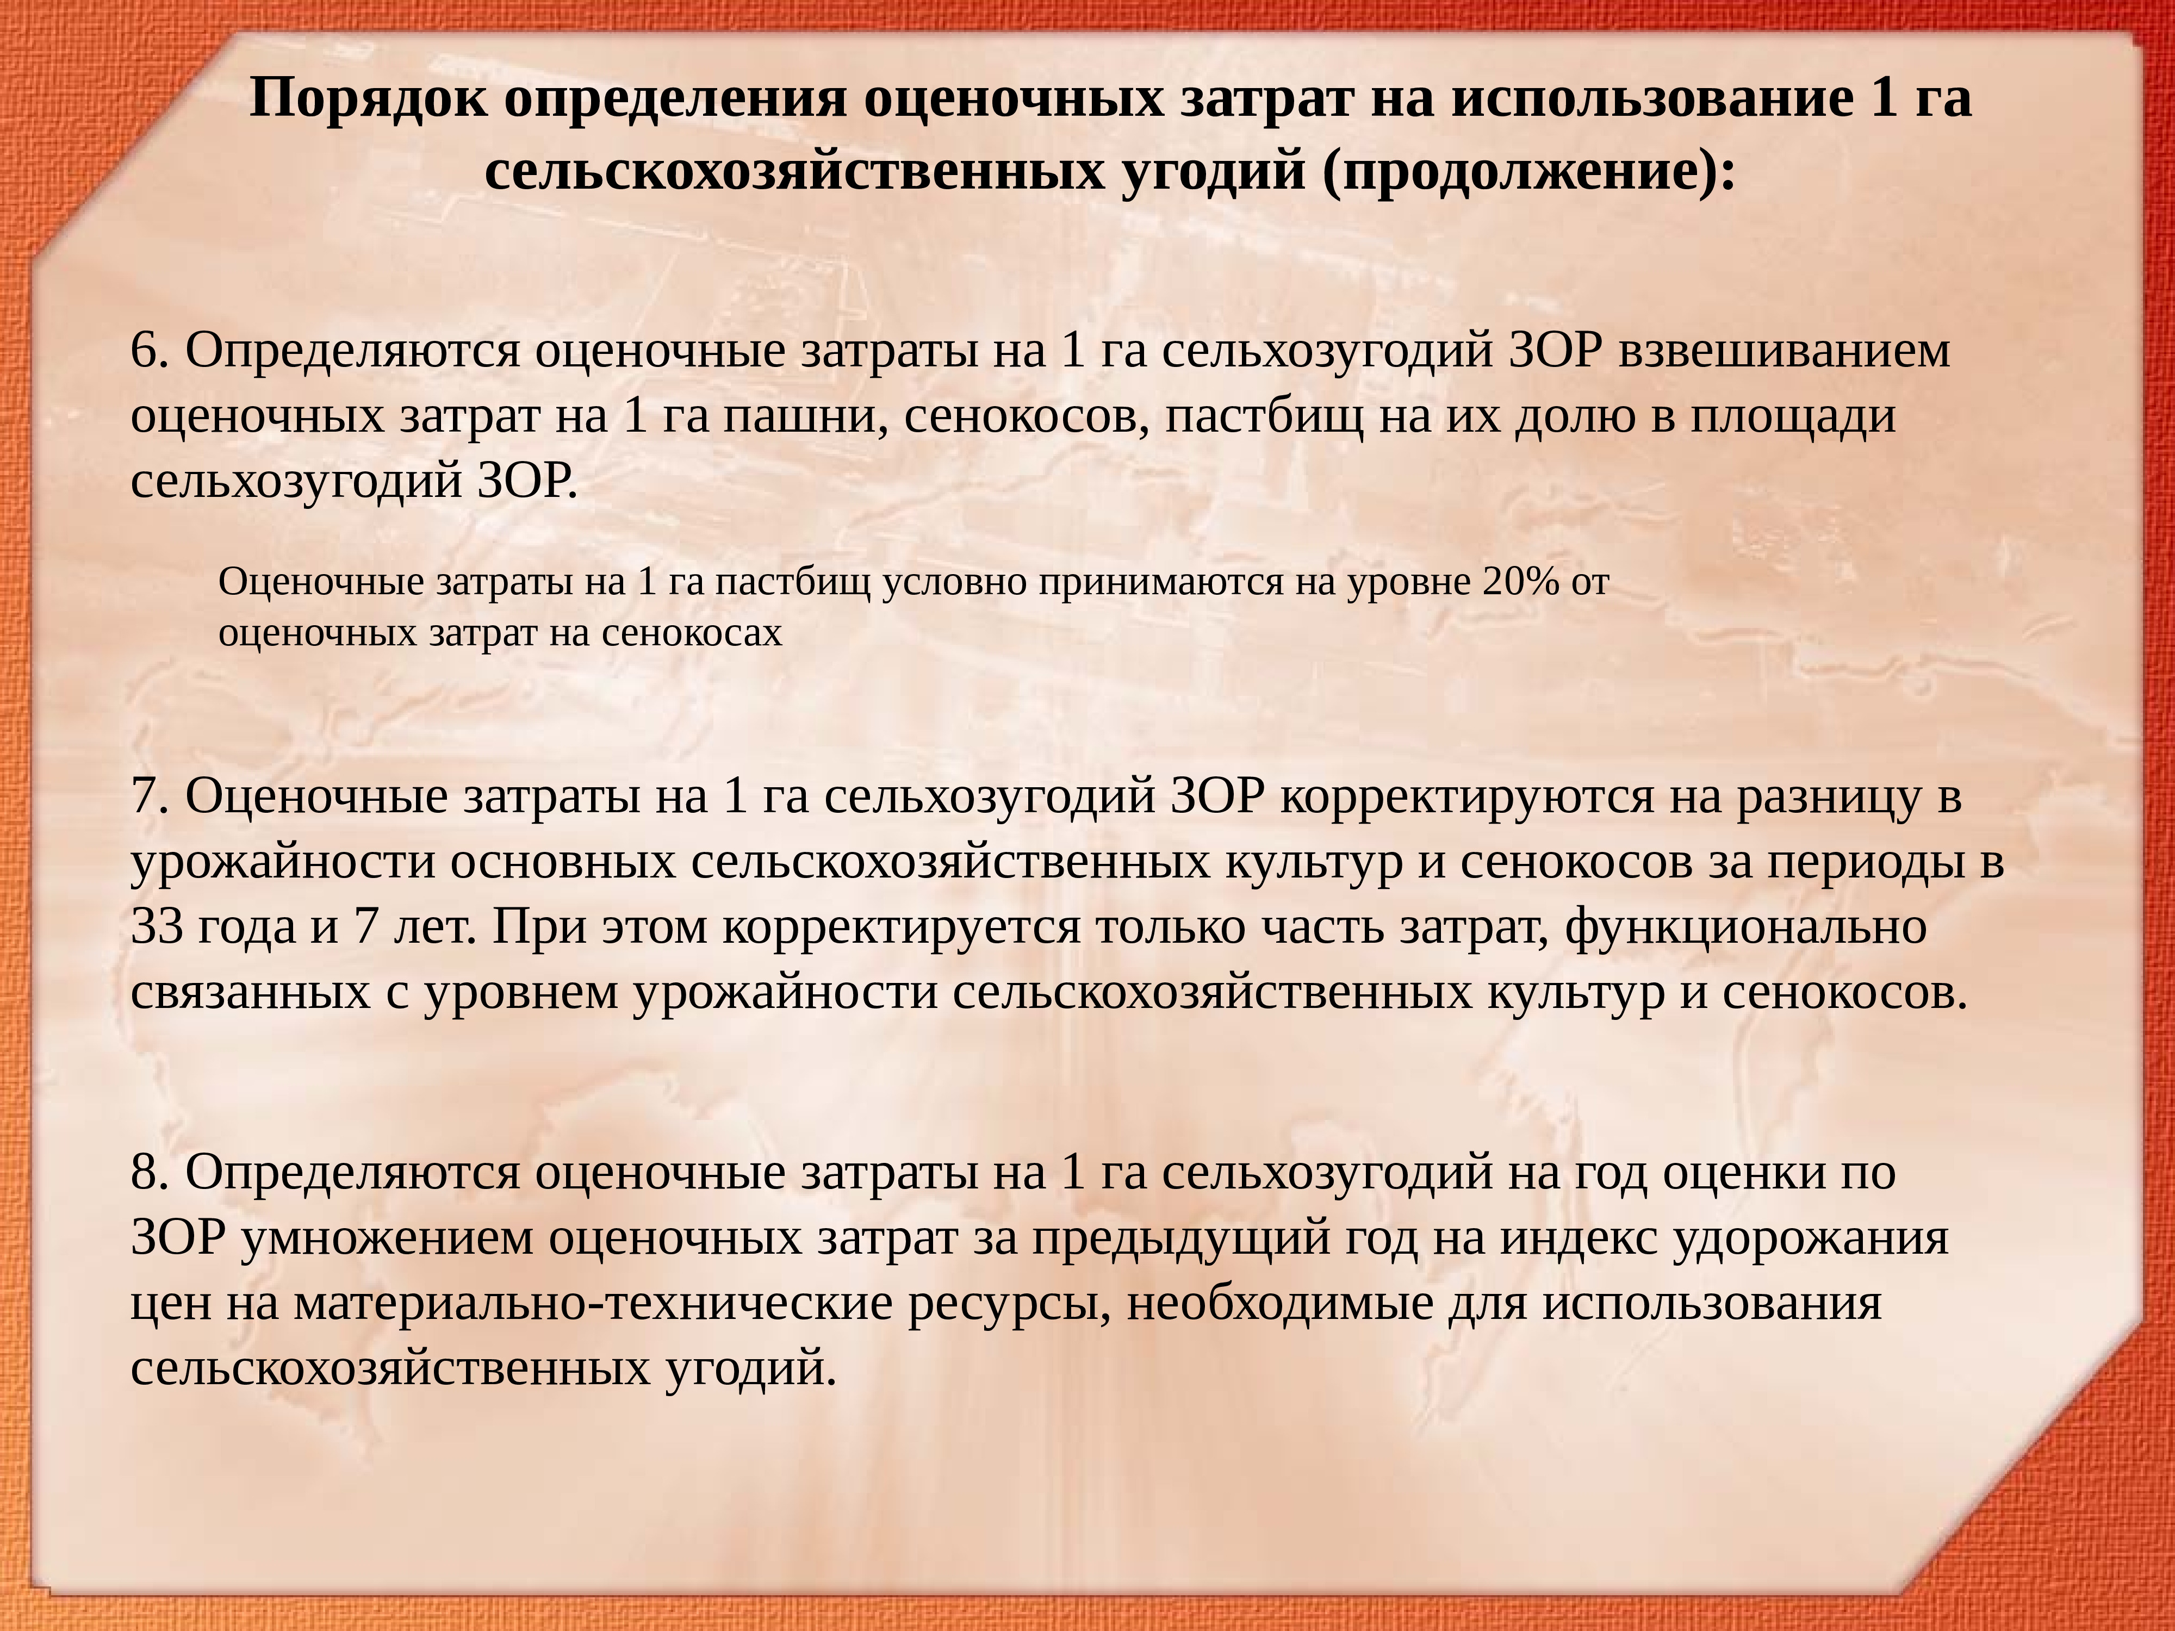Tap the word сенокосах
tap(691, 633)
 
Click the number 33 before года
tap(157, 927)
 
